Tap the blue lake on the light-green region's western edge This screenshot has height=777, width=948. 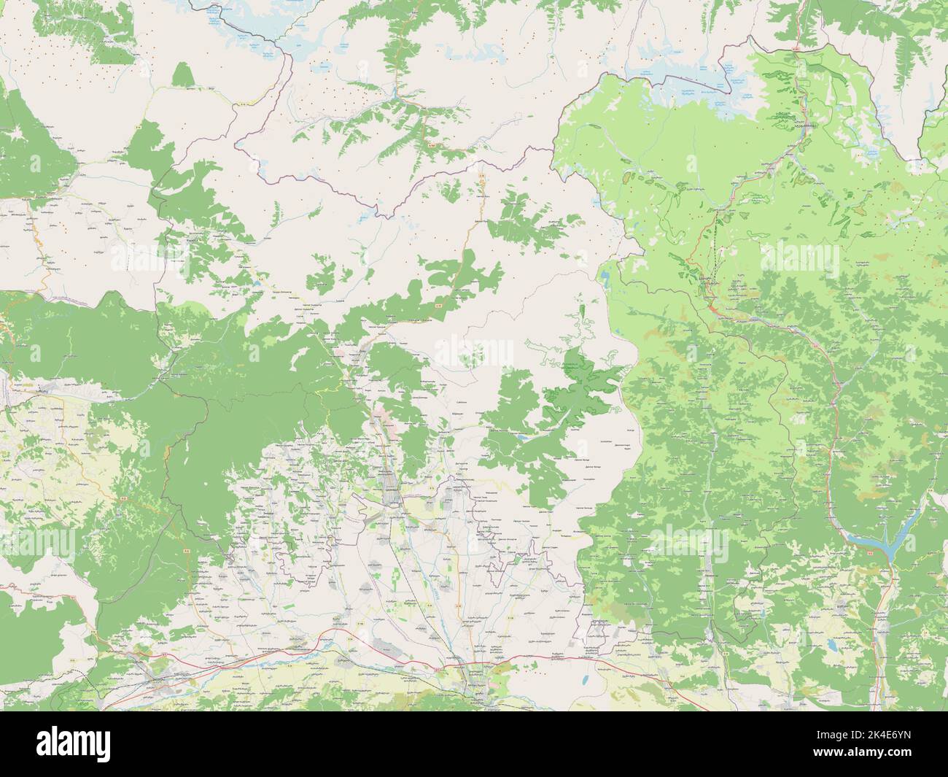coord(606,277)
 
